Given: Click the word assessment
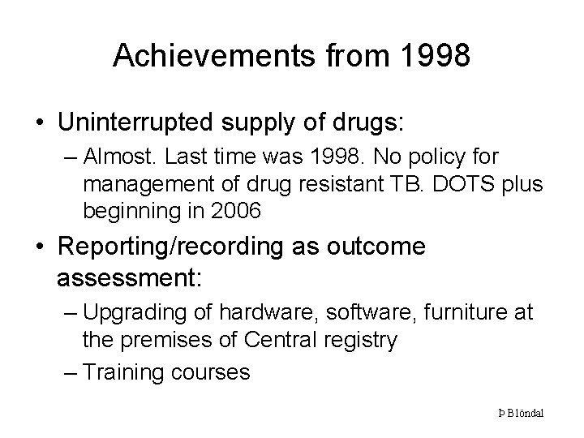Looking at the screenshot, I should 131,279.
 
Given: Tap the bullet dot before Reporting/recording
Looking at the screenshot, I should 38,247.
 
